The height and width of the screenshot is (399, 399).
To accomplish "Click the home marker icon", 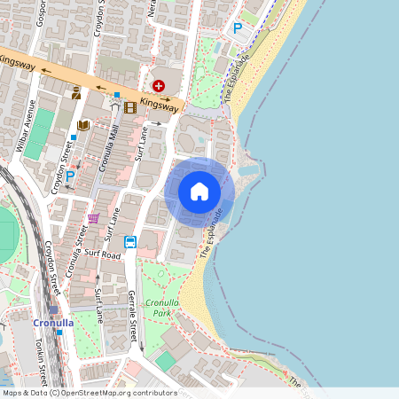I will pyautogui.click(x=199, y=192).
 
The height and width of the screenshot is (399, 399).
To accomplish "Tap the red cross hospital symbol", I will pyautogui.click(x=159, y=85).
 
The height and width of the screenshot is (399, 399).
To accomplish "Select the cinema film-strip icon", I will pyautogui.click(x=130, y=107).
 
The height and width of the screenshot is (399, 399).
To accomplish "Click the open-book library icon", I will pyautogui.click(x=84, y=126).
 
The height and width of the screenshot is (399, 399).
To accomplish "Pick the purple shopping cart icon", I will pyautogui.click(x=93, y=218).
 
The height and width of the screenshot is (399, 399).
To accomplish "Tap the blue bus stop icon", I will pyautogui.click(x=129, y=241).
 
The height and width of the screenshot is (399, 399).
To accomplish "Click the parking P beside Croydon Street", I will pyautogui.click(x=69, y=176).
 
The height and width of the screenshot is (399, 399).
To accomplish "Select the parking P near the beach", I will pyautogui.click(x=237, y=28).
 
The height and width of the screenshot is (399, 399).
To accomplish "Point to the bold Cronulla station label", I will pyautogui.click(x=53, y=323).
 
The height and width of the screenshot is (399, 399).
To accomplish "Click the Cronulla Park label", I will pyautogui.click(x=161, y=308).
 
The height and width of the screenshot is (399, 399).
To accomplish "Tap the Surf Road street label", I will pyautogui.click(x=104, y=254).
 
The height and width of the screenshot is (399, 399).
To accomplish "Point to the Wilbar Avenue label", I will pyautogui.click(x=29, y=121).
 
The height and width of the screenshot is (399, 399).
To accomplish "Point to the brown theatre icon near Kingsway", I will pyautogui.click(x=76, y=92).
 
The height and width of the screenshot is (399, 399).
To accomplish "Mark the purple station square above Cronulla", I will pyautogui.click(x=53, y=310).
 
